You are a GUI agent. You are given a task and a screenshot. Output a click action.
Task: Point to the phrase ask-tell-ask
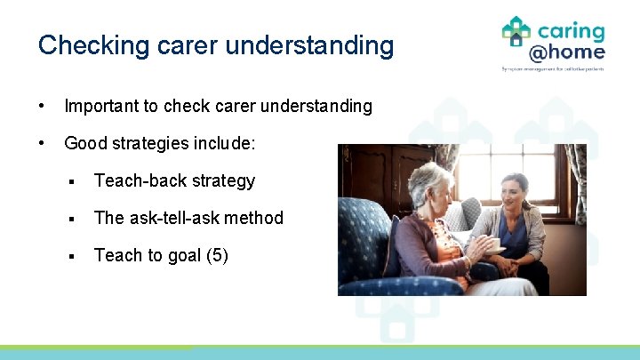[175, 218]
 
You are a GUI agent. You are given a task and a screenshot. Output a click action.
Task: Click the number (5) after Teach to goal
[217, 255]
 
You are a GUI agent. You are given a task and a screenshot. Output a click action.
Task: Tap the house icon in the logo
[516, 31]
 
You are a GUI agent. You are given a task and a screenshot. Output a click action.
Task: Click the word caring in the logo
[570, 31]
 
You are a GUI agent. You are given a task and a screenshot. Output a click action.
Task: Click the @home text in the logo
[567, 52]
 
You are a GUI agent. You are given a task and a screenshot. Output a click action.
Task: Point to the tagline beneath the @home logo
[553, 68]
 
